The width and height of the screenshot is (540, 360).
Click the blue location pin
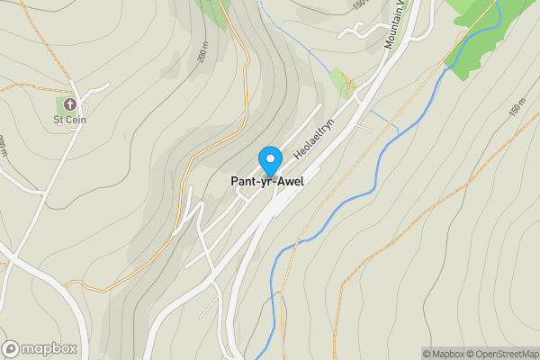pos(269,160)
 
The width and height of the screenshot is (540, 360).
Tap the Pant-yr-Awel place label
pos(267,182)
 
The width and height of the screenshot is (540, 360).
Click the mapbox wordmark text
pos(49,348)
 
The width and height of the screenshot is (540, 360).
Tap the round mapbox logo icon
pos(11,348)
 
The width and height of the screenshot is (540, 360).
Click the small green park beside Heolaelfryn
pos(340,83)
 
